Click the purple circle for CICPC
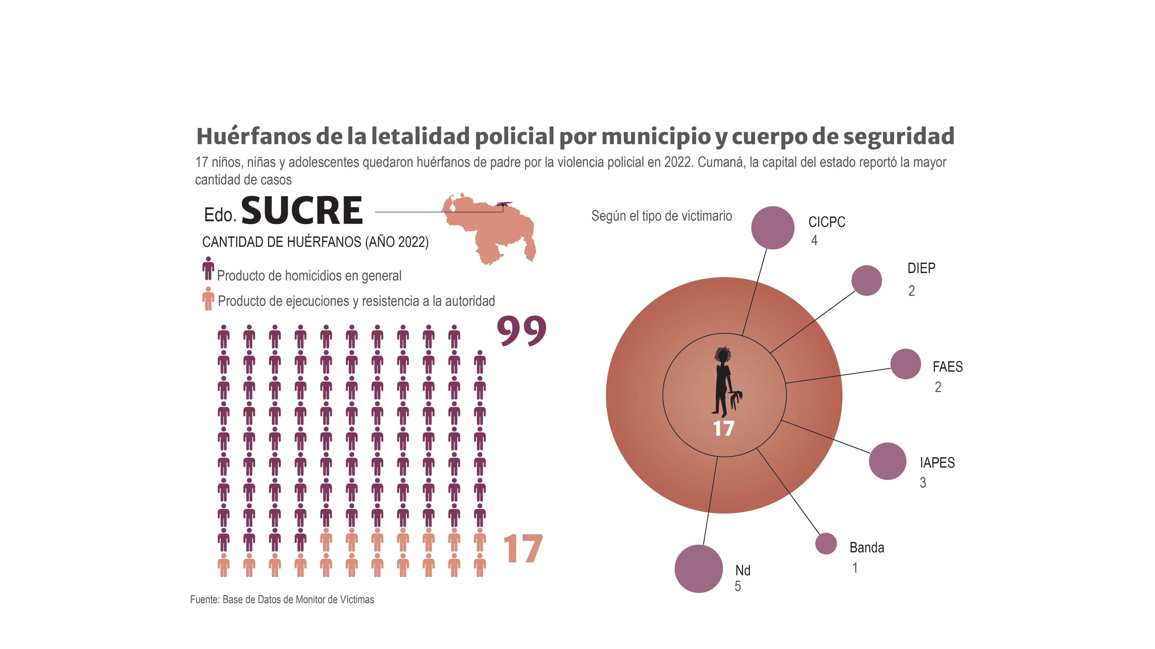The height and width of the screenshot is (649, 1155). click(773, 228)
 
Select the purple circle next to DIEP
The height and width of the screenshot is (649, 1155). click(866, 281)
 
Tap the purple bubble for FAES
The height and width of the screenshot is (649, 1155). click(905, 364)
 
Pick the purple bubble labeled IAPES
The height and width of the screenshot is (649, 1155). click(887, 461)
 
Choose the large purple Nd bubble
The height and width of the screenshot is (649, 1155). click(698, 569)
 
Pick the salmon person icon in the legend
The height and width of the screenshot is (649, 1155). click(208, 298)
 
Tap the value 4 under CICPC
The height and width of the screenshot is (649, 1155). click(814, 241)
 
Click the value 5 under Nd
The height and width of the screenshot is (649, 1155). click(738, 586)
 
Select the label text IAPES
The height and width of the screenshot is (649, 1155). click(937, 462)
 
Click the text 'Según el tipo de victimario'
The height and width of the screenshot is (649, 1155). click(661, 216)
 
